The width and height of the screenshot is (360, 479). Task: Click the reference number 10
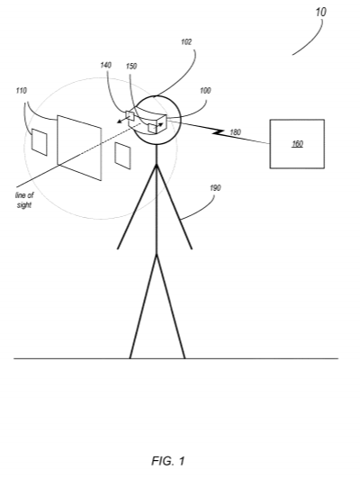(320, 12)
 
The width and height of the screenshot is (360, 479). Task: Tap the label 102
(186, 41)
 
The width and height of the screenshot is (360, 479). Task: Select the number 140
(105, 65)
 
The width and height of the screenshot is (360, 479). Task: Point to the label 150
(131, 66)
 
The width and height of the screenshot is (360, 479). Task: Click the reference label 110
(21, 91)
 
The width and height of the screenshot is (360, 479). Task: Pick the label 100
(205, 91)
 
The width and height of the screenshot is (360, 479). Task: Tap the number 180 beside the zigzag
(235, 132)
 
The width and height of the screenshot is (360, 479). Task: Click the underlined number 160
(297, 143)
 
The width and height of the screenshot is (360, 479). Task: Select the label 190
(215, 188)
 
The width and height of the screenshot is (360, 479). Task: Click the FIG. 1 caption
(168, 461)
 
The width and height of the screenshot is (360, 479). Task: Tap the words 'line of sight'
(24, 200)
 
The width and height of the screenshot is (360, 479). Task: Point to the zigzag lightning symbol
(219, 132)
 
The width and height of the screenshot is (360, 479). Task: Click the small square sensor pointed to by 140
(130, 115)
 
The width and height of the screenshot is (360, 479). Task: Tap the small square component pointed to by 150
(152, 128)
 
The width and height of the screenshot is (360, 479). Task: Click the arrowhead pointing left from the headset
(119, 122)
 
